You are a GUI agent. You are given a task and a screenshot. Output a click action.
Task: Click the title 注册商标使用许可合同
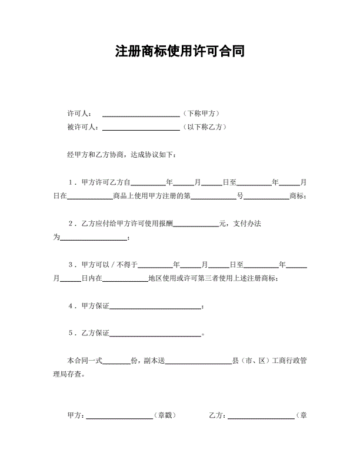[x=180, y=52]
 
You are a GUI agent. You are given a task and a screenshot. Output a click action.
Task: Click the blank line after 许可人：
[x=141, y=114]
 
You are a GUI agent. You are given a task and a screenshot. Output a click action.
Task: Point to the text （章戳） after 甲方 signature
[x=164, y=415]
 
